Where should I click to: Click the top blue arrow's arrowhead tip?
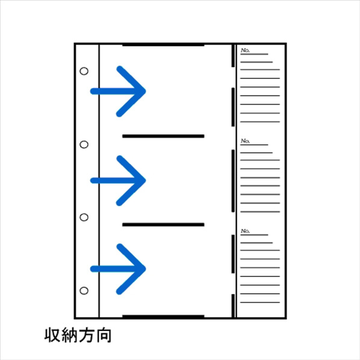click(146, 91)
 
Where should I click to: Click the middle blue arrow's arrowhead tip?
click(146, 181)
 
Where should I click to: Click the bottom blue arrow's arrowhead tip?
click(146, 269)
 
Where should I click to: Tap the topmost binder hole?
click(84, 71)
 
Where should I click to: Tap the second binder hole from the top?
click(84, 144)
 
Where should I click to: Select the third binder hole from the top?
click(84, 217)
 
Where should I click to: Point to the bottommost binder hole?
click(84, 291)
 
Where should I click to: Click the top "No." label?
click(245, 51)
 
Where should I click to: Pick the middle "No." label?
click(245, 141)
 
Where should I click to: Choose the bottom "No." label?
click(245, 231)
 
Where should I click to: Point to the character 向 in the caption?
click(104, 335)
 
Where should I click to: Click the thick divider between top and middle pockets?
click(163, 136)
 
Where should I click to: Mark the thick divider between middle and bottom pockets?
click(163, 225)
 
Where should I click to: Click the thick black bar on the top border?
click(163, 45)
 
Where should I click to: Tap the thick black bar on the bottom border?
click(163, 317)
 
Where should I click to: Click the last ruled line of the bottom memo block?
click(260, 302)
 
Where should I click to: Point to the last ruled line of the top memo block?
click(260, 122)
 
